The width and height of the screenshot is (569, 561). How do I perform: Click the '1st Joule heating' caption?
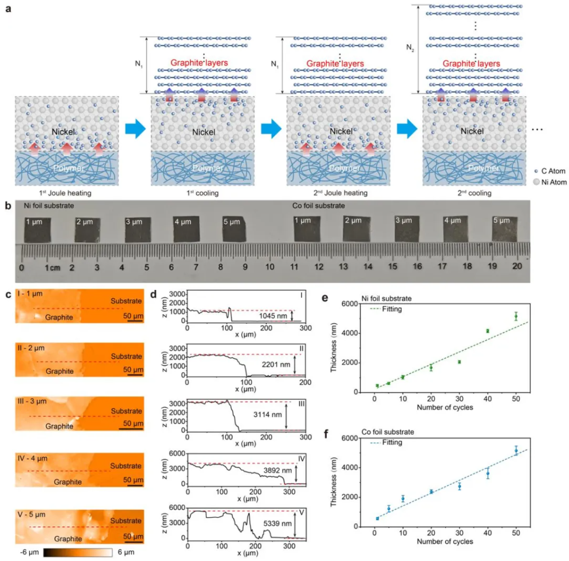pyautogui.click(x=65, y=193)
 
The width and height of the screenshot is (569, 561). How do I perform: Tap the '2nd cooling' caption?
pyautogui.click(x=474, y=193)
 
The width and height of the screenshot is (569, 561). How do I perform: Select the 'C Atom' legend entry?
pyautogui.click(x=553, y=171)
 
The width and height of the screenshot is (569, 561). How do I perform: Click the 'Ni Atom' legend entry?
pyautogui.click(x=553, y=182)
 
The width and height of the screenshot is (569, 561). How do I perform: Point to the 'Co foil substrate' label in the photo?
pyautogui.click(x=318, y=206)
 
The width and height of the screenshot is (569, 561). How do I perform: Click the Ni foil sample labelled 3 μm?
pyautogui.click(x=138, y=230)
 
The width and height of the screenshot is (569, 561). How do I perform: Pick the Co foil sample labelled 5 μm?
pyautogui.click(x=505, y=229)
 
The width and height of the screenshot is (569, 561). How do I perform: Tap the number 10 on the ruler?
pyautogui.click(x=269, y=267)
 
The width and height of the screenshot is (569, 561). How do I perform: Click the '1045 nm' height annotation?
pyautogui.click(x=273, y=316)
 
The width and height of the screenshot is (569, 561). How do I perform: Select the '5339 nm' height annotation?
pyautogui.click(x=277, y=524)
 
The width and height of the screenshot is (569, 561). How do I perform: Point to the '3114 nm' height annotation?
pyautogui.click(x=267, y=414)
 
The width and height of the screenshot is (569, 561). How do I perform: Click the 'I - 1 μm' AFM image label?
pyautogui.click(x=30, y=294)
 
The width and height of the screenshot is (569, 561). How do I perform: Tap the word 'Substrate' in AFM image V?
pyautogui.click(x=125, y=521)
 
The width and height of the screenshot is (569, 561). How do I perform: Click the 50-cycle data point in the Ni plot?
pyautogui.click(x=516, y=317)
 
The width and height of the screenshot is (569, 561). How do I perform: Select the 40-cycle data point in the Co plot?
pyautogui.click(x=488, y=473)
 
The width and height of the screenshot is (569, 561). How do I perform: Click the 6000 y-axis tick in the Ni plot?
pyautogui.click(x=350, y=304)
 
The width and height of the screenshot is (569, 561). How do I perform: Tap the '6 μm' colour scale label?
pyautogui.click(x=126, y=552)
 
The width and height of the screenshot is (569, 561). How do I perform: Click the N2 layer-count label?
pyautogui.click(x=410, y=48)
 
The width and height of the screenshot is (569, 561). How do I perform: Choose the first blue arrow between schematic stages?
pyautogui.click(x=135, y=128)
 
